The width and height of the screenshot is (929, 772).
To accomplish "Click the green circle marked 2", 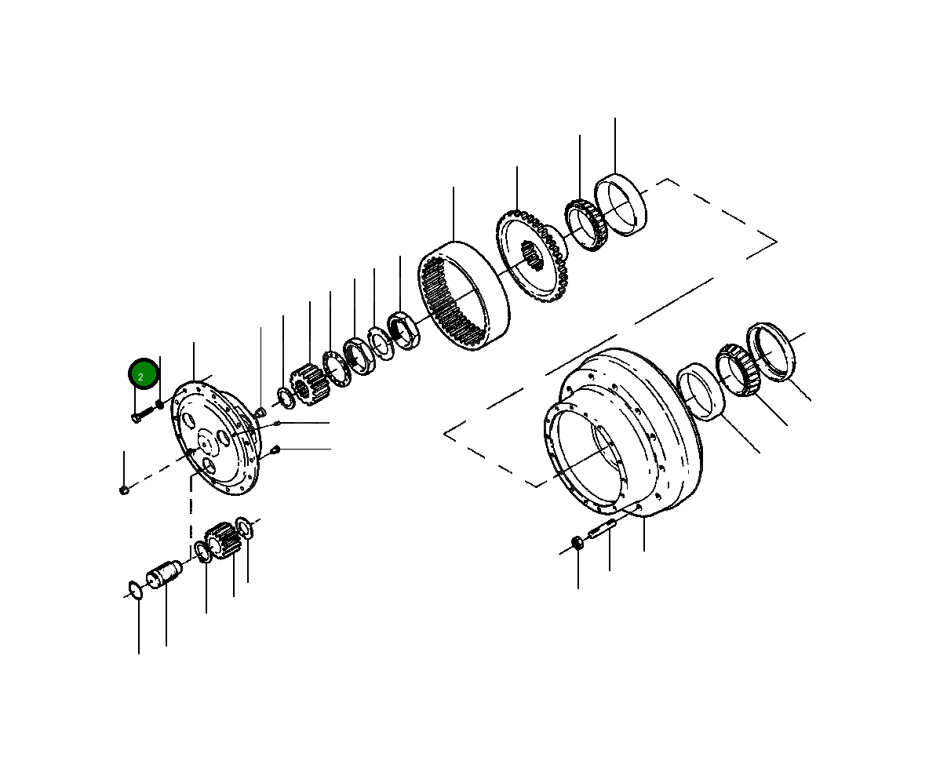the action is click(x=144, y=374).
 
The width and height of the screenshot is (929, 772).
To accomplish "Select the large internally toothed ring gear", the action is click(x=464, y=295).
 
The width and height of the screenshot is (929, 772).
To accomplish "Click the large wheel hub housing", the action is click(x=622, y=432).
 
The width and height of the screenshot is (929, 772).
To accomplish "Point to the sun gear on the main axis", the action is click(x=308, y=385).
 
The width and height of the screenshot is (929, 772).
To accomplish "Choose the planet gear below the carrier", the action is click(x=223, y=539).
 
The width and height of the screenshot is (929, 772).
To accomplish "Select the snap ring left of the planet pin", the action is click(x=135, y=591).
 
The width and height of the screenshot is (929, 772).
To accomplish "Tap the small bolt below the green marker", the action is click(x=139, y=416).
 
